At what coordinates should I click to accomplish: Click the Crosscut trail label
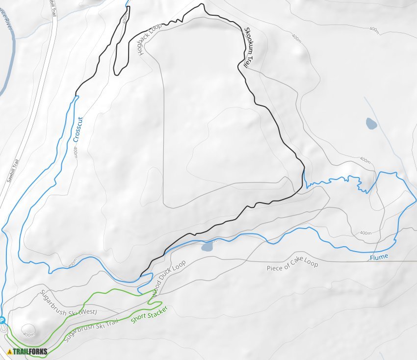click(77, 129)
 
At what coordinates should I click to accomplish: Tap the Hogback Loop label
click(150, 39)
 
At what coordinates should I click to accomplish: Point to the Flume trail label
click(379, 257)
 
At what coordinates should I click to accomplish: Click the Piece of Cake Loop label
click(292, 266)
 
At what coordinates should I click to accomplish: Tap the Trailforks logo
click(27, 351)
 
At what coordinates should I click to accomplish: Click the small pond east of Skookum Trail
click(371, 123)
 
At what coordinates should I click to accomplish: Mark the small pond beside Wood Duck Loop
click(207, 246)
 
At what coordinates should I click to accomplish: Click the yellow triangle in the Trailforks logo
click(10, 351)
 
